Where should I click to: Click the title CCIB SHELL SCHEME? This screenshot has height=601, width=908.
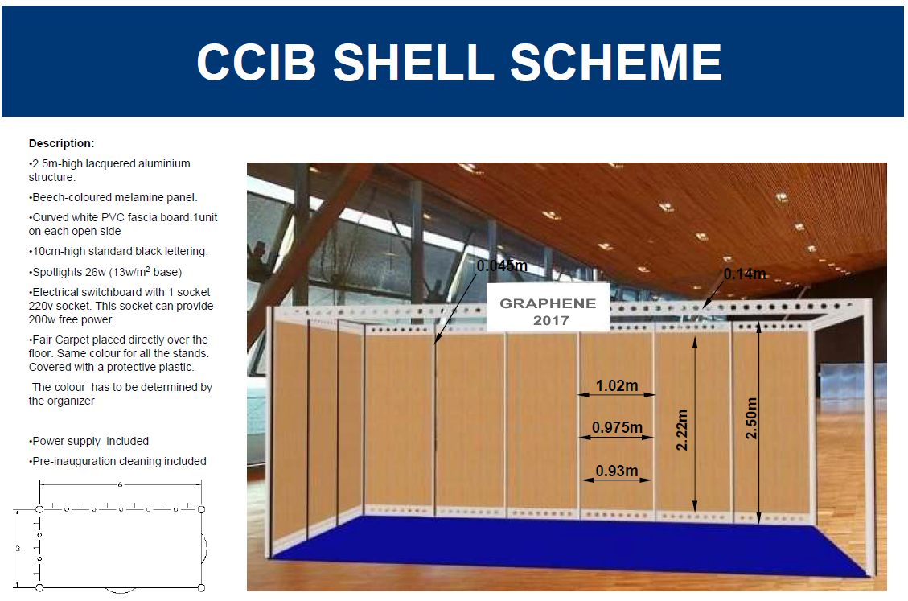(458, 62)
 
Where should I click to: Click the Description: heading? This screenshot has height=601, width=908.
(61, 143)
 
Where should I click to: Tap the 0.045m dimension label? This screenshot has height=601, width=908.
(502, 266)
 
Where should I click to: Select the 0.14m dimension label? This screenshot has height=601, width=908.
(745, 274)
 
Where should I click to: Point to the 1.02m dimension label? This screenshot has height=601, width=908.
(617, 385)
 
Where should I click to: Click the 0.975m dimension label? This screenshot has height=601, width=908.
(618, 428)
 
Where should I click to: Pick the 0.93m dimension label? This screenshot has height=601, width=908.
(617, 471)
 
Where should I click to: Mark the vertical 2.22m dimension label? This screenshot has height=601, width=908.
(682, 430)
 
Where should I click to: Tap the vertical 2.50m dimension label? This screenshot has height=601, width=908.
(751, 418)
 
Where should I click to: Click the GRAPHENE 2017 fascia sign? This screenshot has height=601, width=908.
(548, 307)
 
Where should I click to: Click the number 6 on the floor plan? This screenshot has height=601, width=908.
(120, 484)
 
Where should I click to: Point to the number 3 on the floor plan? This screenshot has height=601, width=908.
(18, 548)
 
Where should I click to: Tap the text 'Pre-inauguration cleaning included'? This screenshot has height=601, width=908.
(117, 461)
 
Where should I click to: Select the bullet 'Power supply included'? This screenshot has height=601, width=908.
(88, 441)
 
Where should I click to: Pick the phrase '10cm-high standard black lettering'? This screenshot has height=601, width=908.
(119, 252)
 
